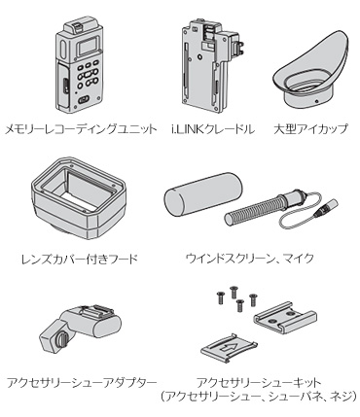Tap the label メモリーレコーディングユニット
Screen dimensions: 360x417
pos(81,130)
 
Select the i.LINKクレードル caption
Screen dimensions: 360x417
pos(212,130)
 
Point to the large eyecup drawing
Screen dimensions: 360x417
pos(309,70)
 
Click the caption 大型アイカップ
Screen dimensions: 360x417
pos(310,130)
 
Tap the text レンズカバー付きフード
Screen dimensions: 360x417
pos(80,260)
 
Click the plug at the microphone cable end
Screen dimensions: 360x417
pos(326,207)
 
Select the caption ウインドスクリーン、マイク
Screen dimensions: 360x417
pos(250,259)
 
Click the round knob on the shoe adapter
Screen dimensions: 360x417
pos(61,341)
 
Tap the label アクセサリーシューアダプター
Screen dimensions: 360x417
pos(82,383)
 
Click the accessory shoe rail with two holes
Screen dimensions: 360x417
pos(284,318)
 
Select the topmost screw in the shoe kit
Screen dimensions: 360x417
pos(233,292)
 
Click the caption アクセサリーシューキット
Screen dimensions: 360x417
pos(259,383)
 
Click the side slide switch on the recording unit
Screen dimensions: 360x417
pos(65,86)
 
